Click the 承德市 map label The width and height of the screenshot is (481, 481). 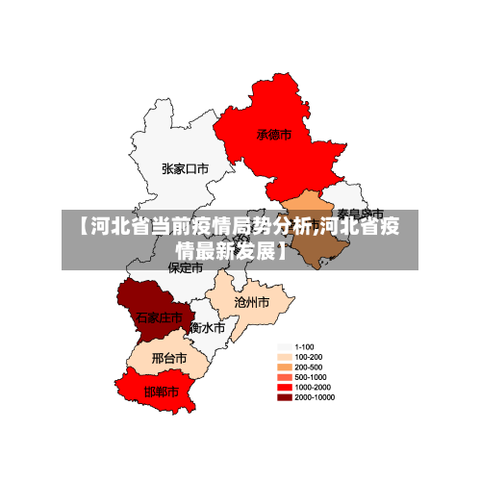(x=273, y=136)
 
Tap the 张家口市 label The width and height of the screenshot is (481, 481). (x=185, y=168)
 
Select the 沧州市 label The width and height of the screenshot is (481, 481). (x=252, y=301)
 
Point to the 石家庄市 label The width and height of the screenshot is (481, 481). (x=159, y=316)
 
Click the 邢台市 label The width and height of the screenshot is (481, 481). (x=169, y=359)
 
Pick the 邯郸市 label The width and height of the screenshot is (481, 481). (x=161, y=392)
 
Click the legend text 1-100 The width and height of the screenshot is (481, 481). (x=304, y=346)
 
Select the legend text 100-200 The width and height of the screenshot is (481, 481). (x=308, y=357)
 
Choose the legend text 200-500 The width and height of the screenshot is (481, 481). (x=308, y=367)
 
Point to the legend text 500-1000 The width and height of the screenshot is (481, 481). (x=310, y=377)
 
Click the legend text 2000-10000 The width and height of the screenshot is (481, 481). (x=315, y=397)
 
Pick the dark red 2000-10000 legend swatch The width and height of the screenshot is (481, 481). (x=284, y=397)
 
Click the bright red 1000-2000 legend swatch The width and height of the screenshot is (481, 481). (x=284, y=387)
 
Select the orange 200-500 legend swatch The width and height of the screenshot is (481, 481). (x=284, y=367)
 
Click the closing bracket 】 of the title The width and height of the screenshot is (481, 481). (x=283, y=251)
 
